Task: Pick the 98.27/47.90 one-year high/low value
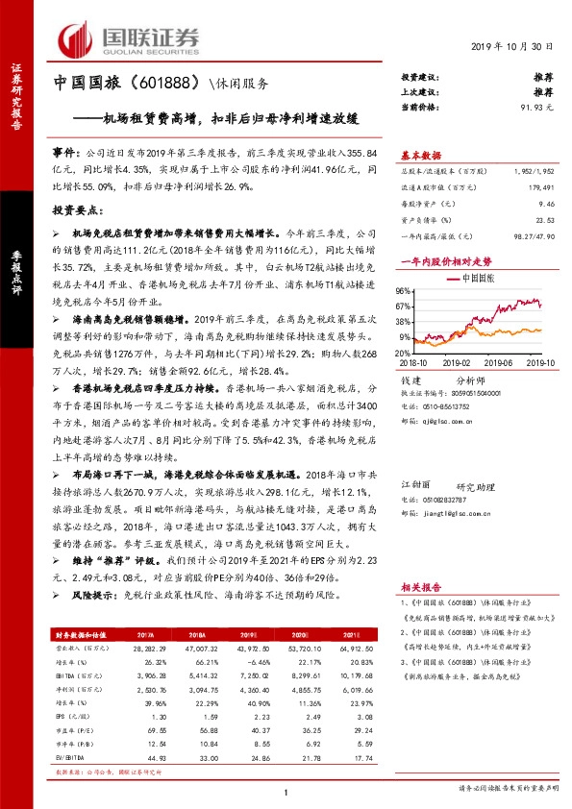point(535,235)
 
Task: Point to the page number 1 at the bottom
point(286,791)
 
